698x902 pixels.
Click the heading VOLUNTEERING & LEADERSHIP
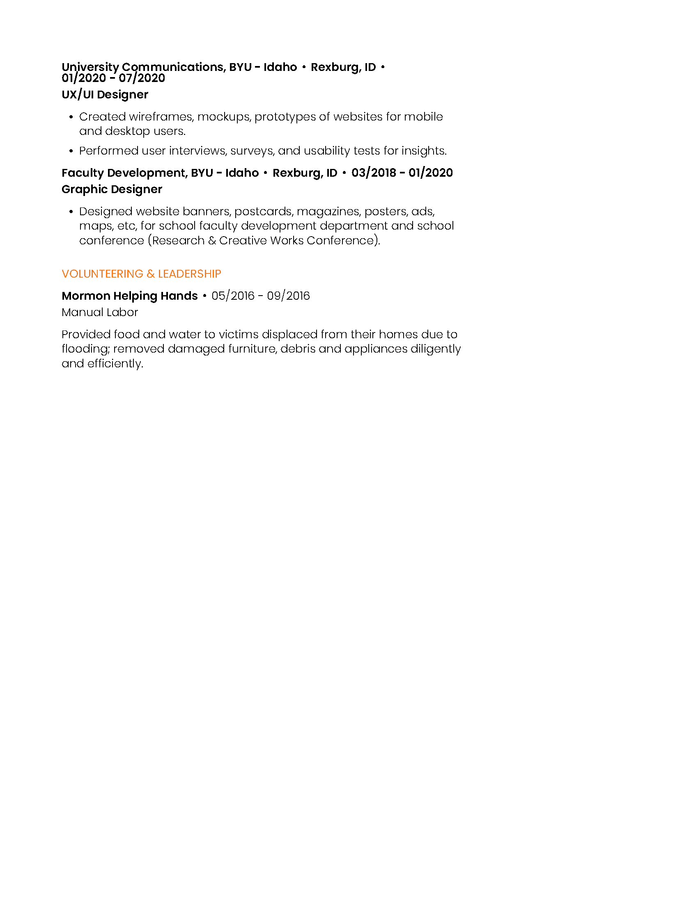(x=141, y=274)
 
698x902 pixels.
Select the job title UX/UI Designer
(x=105, y=95)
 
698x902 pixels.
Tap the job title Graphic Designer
(x=112, y=189)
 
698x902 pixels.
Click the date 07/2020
(x=142, y=78)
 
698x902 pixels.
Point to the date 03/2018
(x=373, y=173)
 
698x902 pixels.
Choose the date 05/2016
(x=233, y=296)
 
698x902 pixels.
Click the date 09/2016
(x=288, y=296)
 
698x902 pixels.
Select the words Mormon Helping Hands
(x=129, y=296)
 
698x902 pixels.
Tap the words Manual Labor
(x=100, y=312)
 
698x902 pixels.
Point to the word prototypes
(x=285, y=117)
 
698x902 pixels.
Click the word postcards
(x=264, y=212)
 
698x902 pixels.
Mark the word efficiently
(x=115, y=363)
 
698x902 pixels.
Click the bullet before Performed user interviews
(x=71, y=151)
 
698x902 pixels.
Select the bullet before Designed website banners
(x=71, y=212)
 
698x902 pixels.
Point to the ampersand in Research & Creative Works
(x=212, y=240)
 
